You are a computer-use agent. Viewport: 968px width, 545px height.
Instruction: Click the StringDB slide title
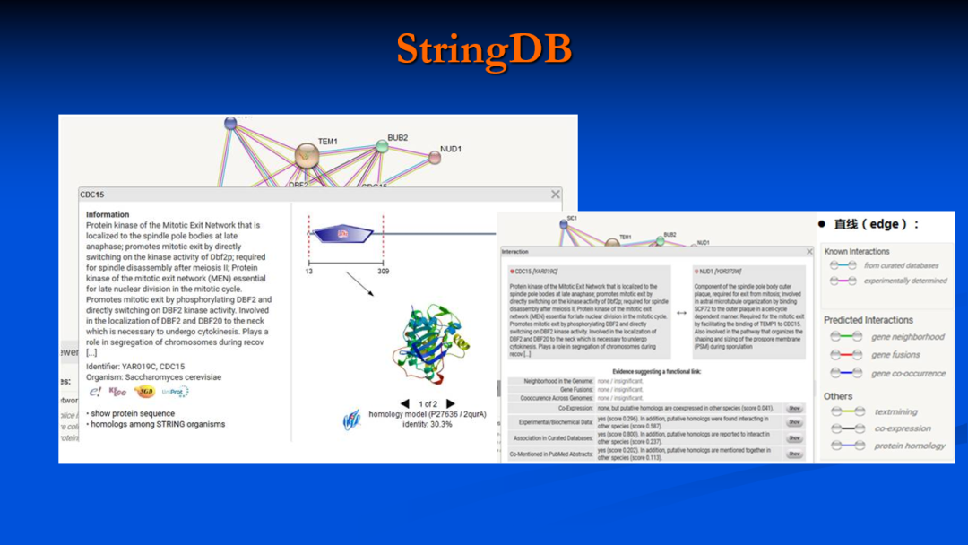pos(484,49)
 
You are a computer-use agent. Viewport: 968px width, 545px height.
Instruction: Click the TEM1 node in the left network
pos(307,156)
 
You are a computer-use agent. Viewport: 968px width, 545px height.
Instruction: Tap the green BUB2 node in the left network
pos(382,146)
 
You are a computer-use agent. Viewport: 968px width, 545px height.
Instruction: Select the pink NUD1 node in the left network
pos(435,158)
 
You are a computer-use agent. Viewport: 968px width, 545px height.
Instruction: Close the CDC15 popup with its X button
pos(556,195)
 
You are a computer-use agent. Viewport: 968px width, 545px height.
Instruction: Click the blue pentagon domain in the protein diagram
pos(343,234)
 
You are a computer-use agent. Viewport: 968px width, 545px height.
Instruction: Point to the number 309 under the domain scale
pos(383,271)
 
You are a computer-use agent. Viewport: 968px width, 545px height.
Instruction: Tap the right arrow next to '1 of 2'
pos(451,404)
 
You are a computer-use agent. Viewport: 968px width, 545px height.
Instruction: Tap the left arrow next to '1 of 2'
pos(405,404)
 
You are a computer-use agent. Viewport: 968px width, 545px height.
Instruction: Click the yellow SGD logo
pos(143,392)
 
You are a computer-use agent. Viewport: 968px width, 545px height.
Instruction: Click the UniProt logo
pos(175,392)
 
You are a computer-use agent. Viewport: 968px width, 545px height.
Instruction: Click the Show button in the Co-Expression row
pos(794,409)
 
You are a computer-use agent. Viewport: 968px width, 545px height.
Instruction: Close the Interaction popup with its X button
pos(809,252)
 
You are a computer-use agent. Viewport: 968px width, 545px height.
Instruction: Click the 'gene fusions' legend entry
pos(896,355)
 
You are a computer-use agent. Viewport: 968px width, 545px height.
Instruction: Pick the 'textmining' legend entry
pos(895,412)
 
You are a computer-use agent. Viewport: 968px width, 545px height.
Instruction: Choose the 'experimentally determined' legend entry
pos(905,281)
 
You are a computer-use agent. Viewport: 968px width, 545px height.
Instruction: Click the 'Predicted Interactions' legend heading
pos(869,320)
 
